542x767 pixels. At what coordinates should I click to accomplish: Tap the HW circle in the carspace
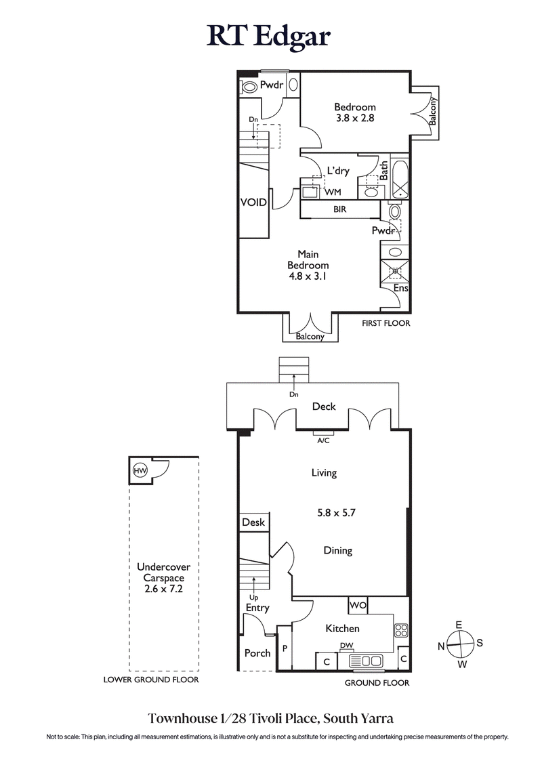(x=140, y=471)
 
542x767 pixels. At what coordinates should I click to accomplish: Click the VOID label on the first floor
(x=253, y=203)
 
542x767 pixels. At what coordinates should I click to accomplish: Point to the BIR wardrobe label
(x=340, y=210)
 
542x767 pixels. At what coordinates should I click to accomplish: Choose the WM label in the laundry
(x=333, y=192)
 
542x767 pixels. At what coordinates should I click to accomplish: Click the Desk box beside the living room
(x=253, y=522)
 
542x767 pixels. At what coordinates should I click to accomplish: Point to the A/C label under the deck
(x=323, y=440)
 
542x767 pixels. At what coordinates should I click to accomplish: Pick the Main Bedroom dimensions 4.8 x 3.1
(x=308, y=276)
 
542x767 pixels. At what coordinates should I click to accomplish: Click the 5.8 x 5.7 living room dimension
(x=337, y=513)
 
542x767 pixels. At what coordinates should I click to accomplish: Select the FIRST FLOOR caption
(x=385, y=323)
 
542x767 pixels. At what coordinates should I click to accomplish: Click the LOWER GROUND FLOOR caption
(x=151, y=680)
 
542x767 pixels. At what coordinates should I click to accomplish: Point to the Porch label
(x=257, y=653)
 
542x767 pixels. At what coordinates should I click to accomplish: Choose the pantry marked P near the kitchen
(x=285, y=648)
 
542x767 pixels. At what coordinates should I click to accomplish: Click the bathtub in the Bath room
(x=400, y=179)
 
